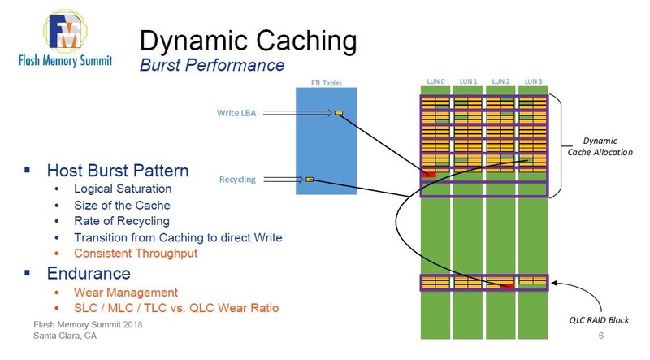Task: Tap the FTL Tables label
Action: pos(326,82)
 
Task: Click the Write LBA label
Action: pos(238,113)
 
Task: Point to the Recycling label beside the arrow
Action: pos(238,178)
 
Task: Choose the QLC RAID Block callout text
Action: pos(597,320)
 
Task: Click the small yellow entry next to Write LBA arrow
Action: pos(339,113)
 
